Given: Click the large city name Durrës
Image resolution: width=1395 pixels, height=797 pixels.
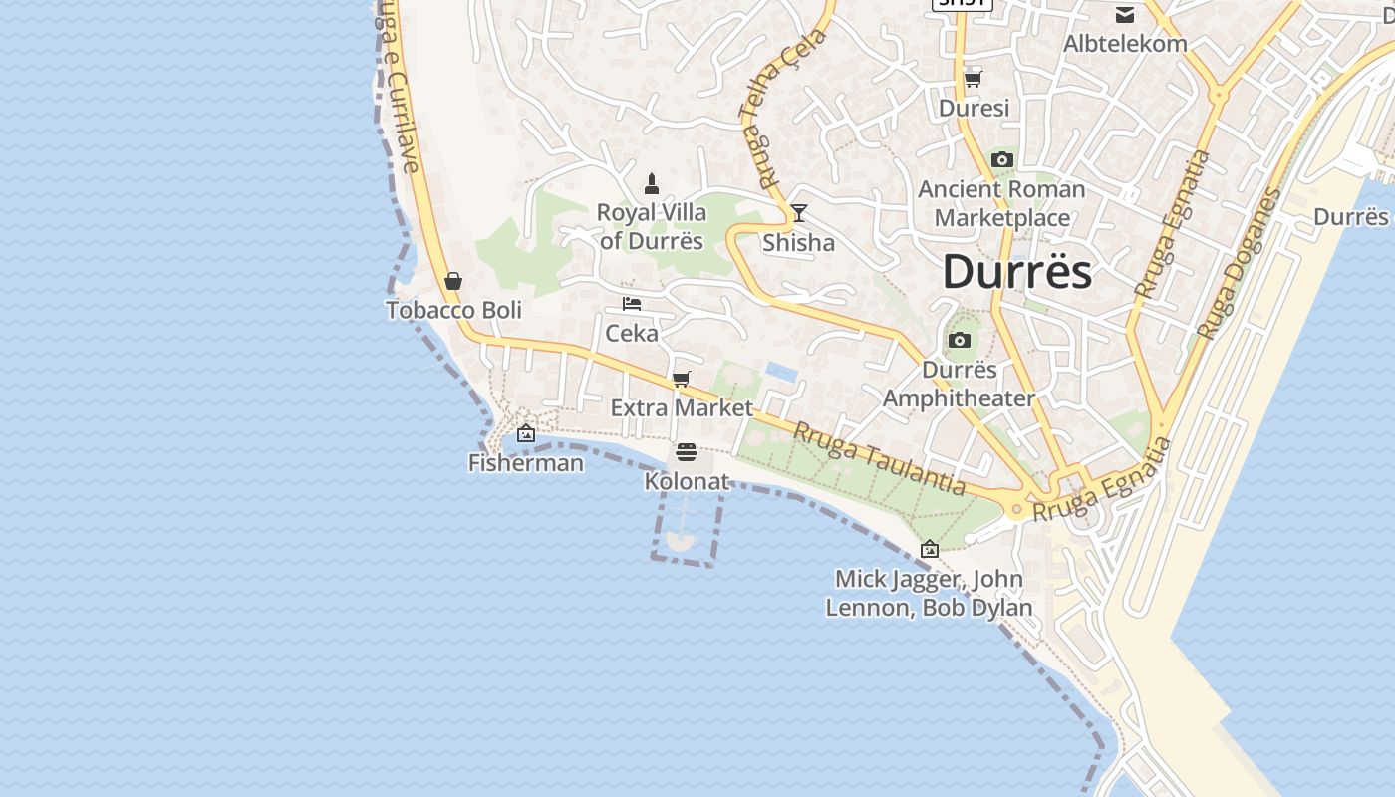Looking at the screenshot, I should (x=1016, y=271).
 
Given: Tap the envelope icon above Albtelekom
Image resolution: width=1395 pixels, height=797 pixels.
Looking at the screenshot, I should (x=1125, y=14).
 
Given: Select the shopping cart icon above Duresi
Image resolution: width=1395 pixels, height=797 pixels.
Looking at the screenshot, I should (x=973, y=79).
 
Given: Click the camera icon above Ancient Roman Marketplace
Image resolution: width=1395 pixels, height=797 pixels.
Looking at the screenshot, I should (x=1002, y=159).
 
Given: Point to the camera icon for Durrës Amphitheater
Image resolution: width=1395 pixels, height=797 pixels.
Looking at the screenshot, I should (x=960, y=341).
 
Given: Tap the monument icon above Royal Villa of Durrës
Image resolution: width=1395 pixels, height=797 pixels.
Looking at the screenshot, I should (x=652, y=183).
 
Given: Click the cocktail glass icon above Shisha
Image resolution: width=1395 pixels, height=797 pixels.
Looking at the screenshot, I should (x=798, y=213).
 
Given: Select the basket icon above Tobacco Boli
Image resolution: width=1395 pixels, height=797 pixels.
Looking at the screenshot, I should (x=453, y=281).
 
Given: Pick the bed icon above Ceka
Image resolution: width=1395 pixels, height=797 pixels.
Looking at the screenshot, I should (x=632, y=304).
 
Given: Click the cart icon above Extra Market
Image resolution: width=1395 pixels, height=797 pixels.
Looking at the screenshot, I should (x=682, y=379).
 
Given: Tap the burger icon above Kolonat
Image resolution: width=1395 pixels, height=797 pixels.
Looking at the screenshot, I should (x=686, y=452).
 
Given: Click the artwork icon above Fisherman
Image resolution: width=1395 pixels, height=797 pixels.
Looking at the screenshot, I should (x=526, y=433).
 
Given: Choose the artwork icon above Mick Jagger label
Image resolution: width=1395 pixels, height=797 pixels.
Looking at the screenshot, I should (x=930, y=549).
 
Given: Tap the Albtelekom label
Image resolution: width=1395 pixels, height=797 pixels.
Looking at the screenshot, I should (x=1125, y=44).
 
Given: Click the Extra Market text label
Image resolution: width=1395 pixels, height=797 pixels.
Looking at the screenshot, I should (x=682, y=407).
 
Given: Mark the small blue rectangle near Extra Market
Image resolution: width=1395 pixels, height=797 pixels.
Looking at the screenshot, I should (x=780, y=372).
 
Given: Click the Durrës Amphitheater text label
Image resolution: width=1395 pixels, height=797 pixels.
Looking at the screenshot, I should (x=959, y=384).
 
